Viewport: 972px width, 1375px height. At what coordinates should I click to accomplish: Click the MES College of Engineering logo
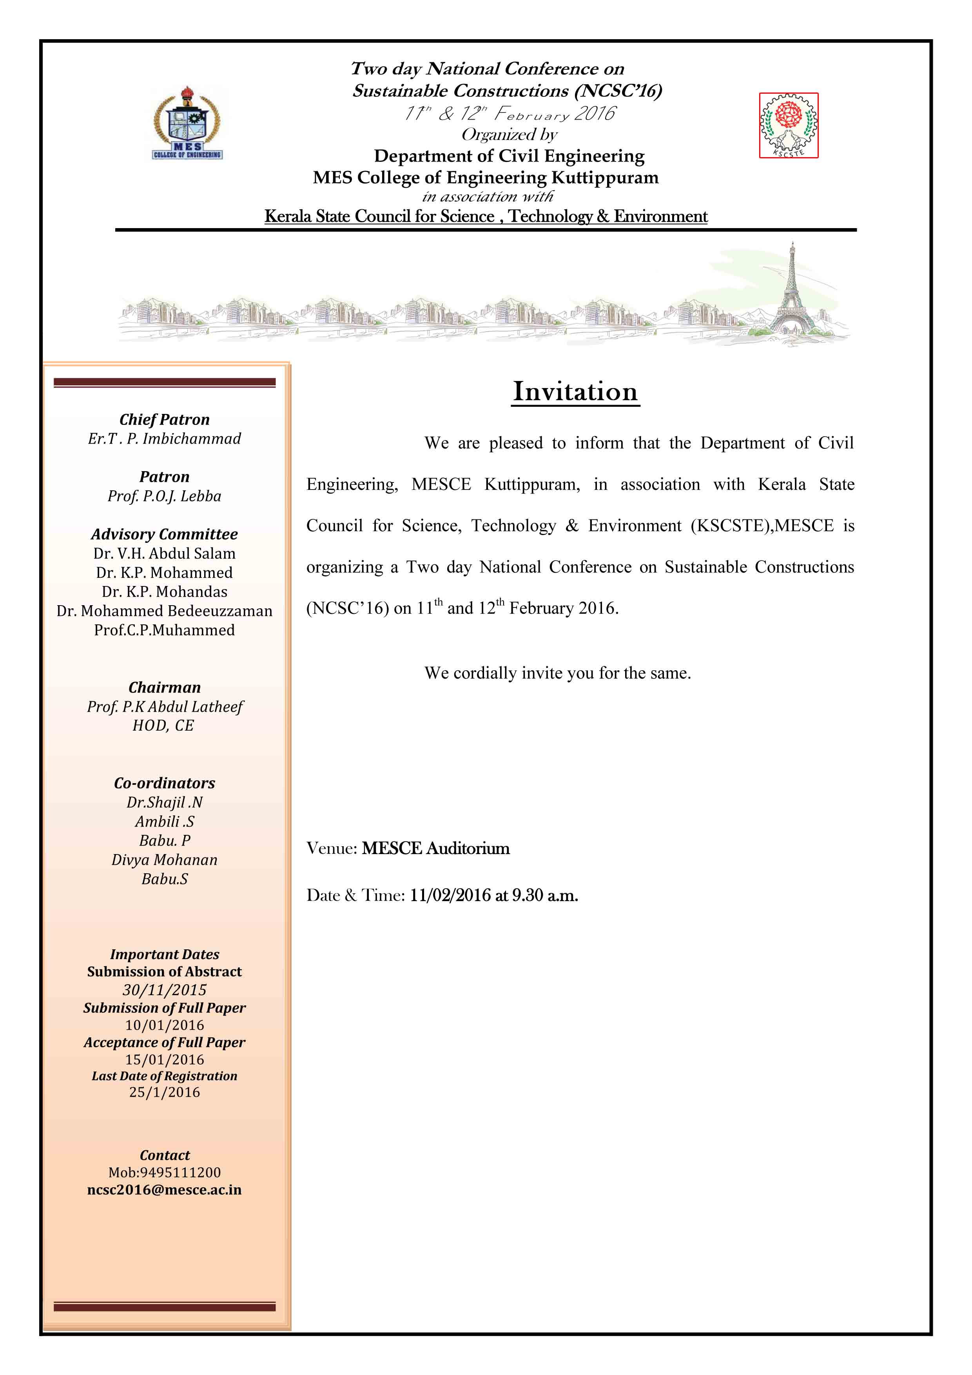(x=187, y=123)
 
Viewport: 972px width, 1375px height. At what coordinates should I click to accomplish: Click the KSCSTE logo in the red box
(x=788, y=125)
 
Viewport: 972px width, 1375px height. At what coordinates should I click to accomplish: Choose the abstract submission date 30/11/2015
(x=164, y=990)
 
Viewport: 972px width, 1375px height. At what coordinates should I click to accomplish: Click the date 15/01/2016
(x=164, y=1059)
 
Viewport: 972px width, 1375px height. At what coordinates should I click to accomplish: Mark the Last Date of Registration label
(x=164, y=1076)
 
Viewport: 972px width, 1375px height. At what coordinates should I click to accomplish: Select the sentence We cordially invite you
(x=557, y=673)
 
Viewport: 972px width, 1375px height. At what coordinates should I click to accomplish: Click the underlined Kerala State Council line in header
(x=486, y=216)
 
